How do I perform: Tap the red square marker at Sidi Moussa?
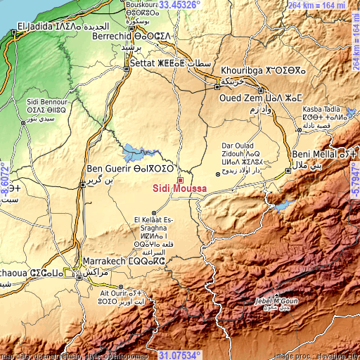click(x=180, y=180)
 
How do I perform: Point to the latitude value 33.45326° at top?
click(x=179, y=4)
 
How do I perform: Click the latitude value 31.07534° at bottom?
click(x=179, y=355)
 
